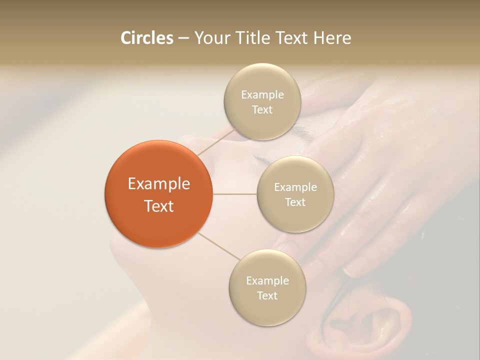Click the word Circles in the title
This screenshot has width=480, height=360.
point(147,38)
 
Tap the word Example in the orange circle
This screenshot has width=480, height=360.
point(158,184)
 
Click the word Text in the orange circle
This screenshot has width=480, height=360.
point(158,206)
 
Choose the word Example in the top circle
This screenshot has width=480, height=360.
point(262,95)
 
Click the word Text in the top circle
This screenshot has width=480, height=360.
point(262,110)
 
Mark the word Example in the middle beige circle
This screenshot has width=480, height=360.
point(295,187)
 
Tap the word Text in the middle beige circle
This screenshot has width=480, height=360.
point(295,202)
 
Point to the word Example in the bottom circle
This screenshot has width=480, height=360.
point(267,281)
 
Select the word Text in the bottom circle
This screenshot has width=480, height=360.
point(267,296)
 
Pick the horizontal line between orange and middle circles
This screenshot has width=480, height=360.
point(234,194)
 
